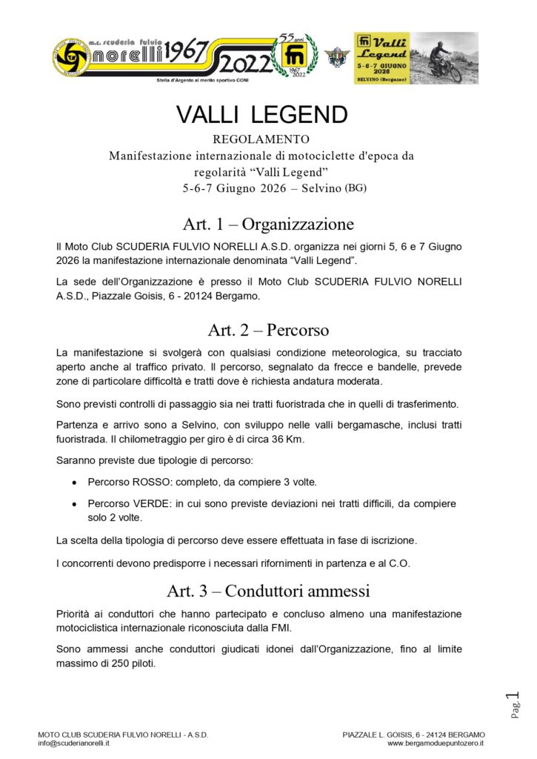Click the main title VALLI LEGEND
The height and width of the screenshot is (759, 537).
(x=261, y=115)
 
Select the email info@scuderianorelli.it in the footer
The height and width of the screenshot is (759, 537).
(x=74, y=742)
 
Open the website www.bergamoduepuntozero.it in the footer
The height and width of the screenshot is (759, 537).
(x=436, y=742)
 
